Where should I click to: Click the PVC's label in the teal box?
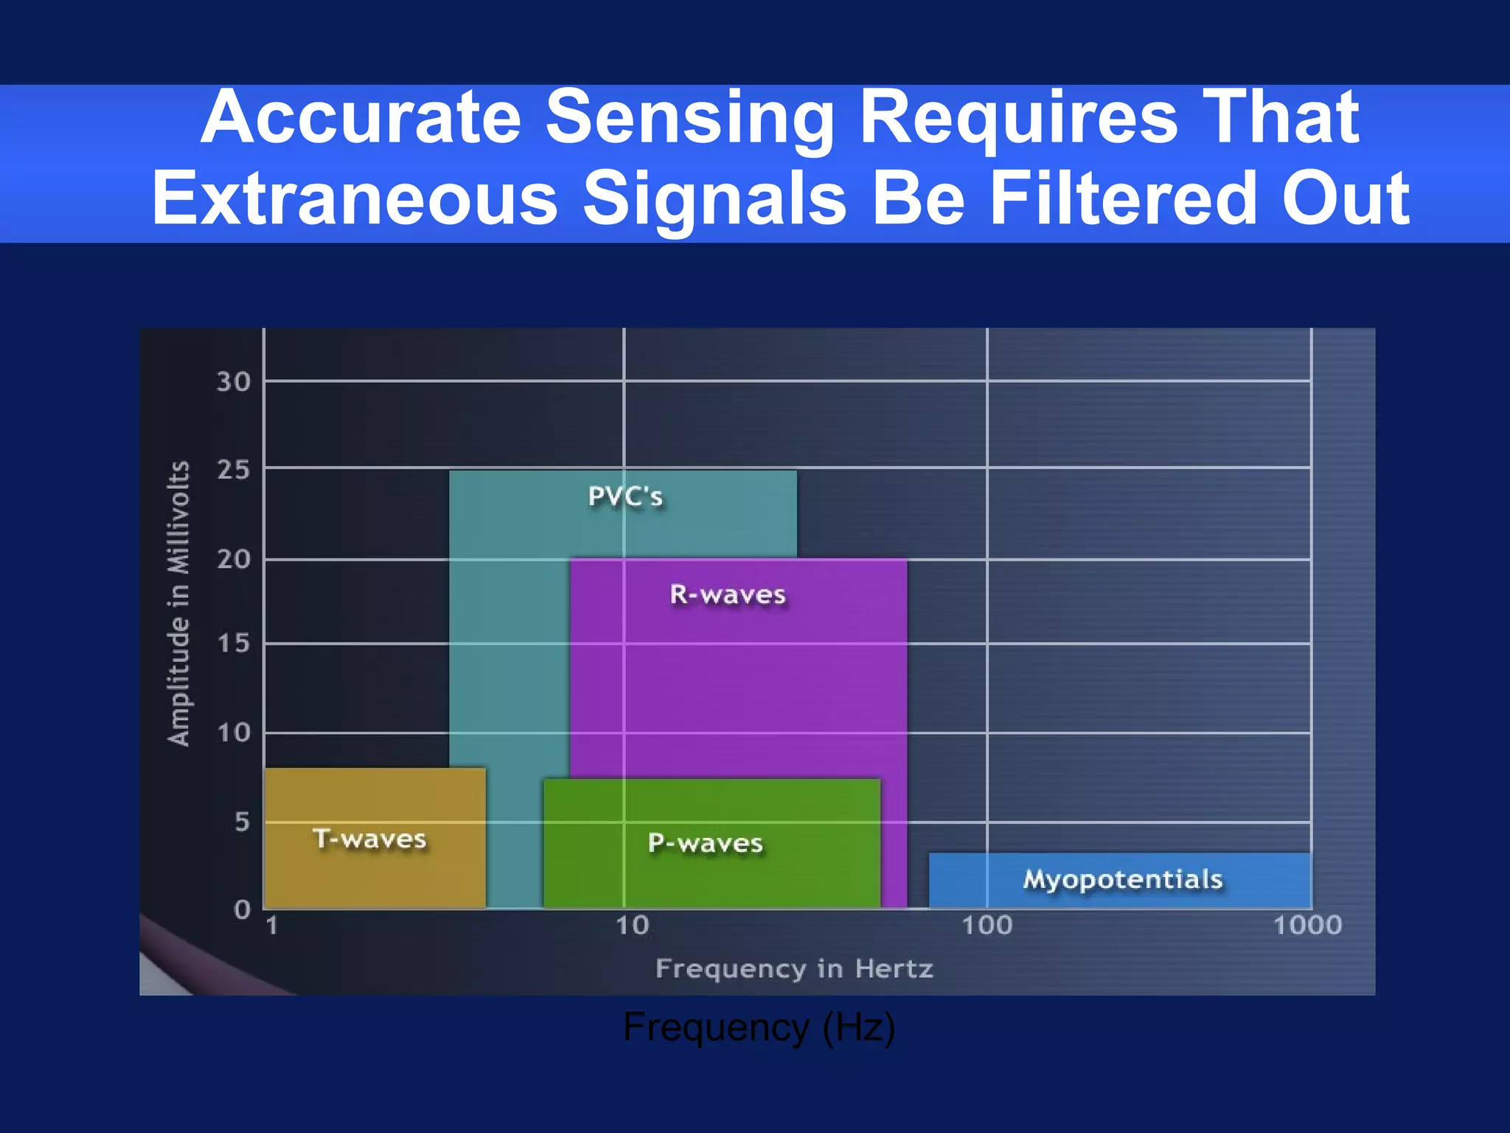pos(625,496)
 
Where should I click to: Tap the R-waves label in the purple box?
pos(728,595)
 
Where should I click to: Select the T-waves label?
pos(369,839)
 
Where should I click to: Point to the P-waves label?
pos(705,843)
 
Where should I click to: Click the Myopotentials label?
pos(1122,879)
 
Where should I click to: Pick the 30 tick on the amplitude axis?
pos(233,382)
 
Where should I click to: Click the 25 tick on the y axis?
pos(233,470)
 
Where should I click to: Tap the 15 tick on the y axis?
pos(233,644)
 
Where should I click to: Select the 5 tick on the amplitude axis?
pos(242,822)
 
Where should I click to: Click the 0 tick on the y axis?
pos(242,909)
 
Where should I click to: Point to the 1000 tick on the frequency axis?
pos(1307,925)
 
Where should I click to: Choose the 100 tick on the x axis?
pos(987,925)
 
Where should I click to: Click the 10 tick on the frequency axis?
pos(632,925)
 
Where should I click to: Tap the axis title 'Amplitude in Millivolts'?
pos(179,603)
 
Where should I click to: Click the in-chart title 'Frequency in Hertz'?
pos(794,969)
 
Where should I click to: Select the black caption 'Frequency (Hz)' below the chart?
pos(759,1027)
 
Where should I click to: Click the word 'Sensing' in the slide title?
pos(690,118)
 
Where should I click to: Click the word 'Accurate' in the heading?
pos(361,118)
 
